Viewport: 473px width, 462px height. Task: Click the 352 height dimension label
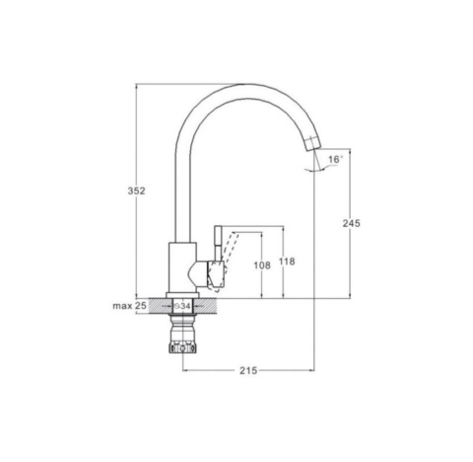pyautogui.click(x=136, y=191)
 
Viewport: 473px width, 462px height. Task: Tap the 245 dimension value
pyautogui.click(x=351, y=223)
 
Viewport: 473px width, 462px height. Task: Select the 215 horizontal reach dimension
pyautogui.click(x=248, y=371)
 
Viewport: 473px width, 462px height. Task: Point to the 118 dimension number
pyautogui.click(x=287, y=262)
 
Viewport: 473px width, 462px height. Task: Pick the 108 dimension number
pyautogui.click(x=262, y=266)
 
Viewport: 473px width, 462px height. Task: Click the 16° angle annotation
pyautogui.click(x=335, y=159)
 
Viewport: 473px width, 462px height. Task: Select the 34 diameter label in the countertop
pyautogui.click(x=182, y=306)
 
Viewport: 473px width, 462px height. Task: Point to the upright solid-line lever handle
pyautogui.click(x=219, y=243)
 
